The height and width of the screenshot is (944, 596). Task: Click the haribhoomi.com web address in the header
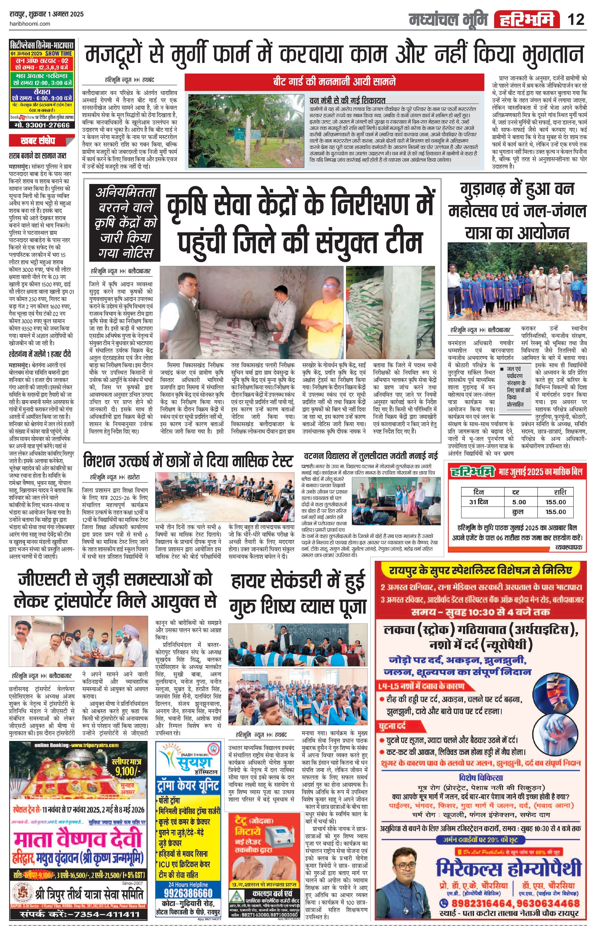pyautogui.click(x=30, y=24)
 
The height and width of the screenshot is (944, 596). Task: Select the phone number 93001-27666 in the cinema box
pyautogui.click(x=42, y=125)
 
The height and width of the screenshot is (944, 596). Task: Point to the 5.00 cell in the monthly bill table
pyautogui.click(x=519, y=502)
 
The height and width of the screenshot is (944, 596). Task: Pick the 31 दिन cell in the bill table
pyautogui.click(x=478, y=502)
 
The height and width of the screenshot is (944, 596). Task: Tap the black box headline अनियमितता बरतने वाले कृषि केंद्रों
pyautogui.click(x=125, y=222)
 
